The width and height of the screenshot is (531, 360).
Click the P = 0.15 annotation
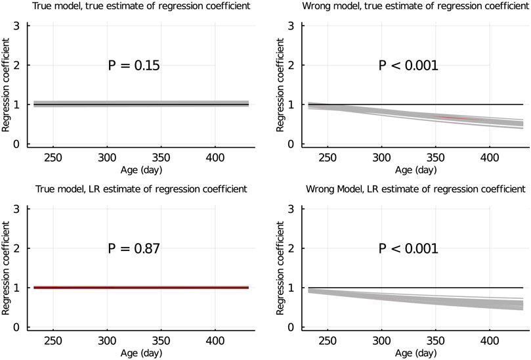click(134, 66)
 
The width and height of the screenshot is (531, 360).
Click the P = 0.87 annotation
click(134, 249)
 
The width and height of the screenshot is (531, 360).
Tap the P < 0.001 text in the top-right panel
click(408, 66)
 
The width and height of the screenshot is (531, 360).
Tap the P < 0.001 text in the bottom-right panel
click(408, 249)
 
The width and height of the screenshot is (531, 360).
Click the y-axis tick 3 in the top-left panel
click(20, 26)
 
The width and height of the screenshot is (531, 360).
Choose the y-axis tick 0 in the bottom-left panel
click(20, 327)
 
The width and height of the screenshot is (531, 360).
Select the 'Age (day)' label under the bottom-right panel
click(411, 353)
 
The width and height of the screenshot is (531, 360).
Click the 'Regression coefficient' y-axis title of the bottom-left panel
click(6, 269)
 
